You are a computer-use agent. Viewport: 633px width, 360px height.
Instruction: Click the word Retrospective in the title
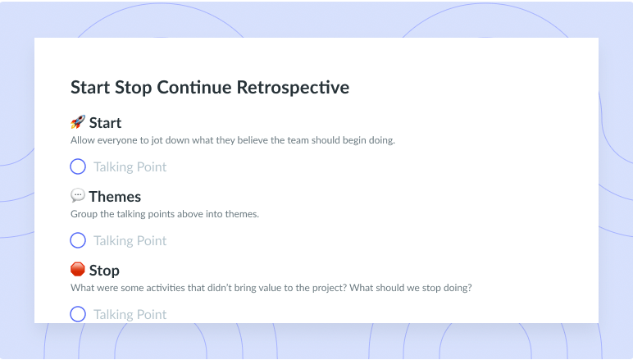pos(293,88)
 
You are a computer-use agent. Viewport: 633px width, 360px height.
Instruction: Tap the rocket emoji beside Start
pos(78,122)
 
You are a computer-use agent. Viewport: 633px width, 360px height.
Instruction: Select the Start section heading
pos(105,123)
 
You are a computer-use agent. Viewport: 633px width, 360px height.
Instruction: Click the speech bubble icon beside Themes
pos(78,195)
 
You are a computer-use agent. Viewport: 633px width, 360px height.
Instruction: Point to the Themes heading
pos(115,197)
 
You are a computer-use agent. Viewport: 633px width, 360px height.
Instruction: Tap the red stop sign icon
pos(78,269)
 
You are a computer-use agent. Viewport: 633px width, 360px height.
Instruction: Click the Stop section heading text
pos(104,271)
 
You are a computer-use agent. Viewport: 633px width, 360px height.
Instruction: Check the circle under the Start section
pos(78,159)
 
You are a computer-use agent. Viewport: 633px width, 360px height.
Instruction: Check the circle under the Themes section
pos(78,233)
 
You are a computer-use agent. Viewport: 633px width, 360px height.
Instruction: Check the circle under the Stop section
pos(78,307)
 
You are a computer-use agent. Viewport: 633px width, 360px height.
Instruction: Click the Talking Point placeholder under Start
pos(130,167)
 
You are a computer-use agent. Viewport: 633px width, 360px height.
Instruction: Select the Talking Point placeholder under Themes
pos(130,241)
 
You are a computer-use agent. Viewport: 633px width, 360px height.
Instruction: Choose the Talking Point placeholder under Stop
pos(130,315)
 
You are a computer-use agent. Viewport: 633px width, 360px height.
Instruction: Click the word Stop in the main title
pos(133,88)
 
